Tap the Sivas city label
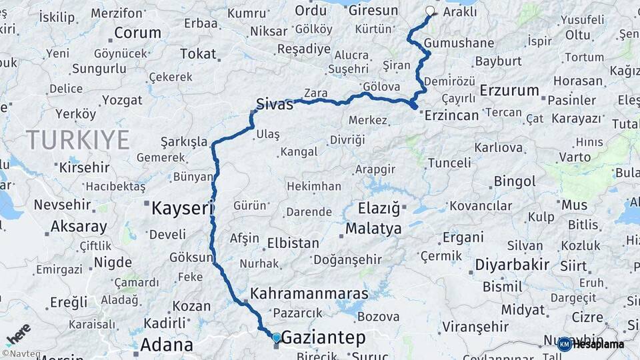point(275,103)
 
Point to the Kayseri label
point(181,208)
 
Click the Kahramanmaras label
point(309,293)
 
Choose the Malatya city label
point(373,229)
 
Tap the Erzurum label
point(509,91)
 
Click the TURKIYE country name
point(77,139)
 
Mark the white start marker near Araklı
point(430,11)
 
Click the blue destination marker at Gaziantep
point(277,337)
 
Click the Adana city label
point(167,345)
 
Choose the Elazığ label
point(378,209)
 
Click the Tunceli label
point(449,162)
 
